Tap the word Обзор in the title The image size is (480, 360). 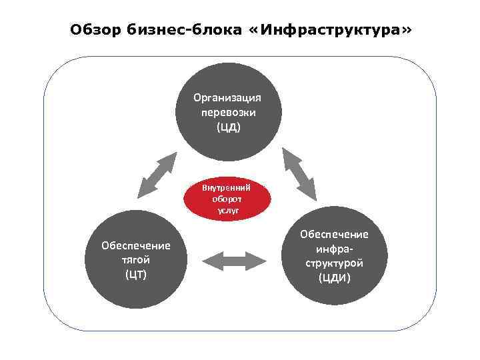(95, 31)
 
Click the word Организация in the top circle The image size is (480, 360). (227, 97)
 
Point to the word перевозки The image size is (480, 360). (227, 112)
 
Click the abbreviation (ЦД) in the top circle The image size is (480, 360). (227, 127)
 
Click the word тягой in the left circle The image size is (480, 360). (135, 260)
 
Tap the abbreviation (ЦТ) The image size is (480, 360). (135, 275)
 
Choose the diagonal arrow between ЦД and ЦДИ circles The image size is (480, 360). (298, 173)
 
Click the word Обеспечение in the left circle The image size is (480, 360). (135, 245)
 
